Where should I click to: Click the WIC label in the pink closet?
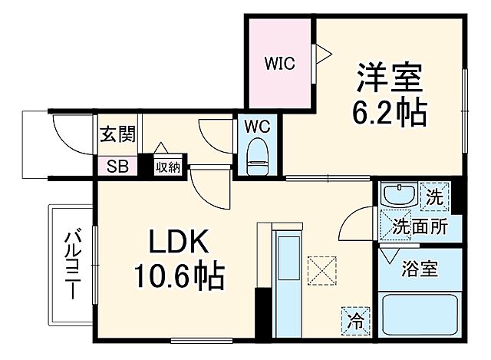[280, 64]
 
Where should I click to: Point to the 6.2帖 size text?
[389, 113]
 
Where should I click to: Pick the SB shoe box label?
[117, 165]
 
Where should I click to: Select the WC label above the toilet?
[256, 124]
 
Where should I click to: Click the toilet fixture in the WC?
[256, 157]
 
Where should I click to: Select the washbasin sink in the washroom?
[397, 196]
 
